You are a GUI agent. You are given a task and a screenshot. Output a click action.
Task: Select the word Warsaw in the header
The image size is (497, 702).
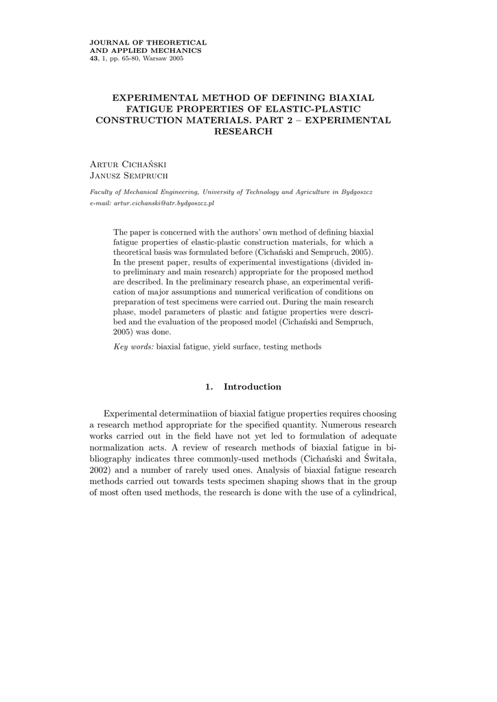tap(151, 58)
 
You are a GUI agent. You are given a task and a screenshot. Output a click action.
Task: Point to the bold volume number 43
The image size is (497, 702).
tap(94, 58)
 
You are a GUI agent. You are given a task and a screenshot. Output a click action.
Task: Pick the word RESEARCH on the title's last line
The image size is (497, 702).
tap(244, 131)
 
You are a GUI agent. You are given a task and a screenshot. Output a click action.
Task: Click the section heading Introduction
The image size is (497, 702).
tap(253, 387)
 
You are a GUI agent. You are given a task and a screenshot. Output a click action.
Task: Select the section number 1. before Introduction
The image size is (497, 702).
tap(209, 387)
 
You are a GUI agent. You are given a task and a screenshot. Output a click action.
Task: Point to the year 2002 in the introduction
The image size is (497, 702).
tap(100, 472)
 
